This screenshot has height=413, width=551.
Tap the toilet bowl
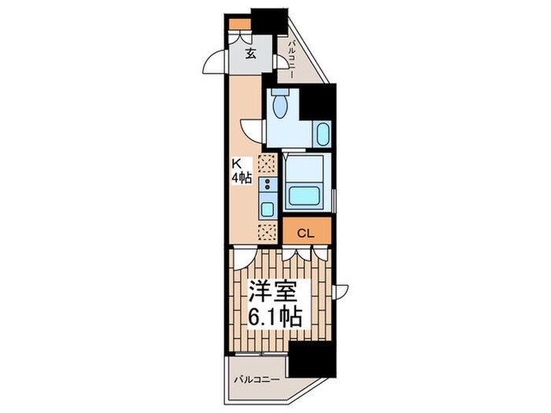click(x=280, y=106)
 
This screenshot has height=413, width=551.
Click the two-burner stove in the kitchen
click(x=268, y=184)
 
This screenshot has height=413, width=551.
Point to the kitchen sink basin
click(x=267, y=209)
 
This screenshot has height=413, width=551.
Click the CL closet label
click(x=305, y=233)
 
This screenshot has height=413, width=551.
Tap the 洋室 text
click(x=272, y=291)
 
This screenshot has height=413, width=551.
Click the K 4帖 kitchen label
click(x=241, y=171)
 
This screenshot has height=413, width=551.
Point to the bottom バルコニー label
click(x=257, y=380)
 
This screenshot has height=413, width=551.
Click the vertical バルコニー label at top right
click(x=292, y=60)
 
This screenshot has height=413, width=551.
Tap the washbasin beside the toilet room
click(x=321, y=134)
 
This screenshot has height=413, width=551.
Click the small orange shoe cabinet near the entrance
click(x=240, y=24)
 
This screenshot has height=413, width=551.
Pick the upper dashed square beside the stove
click(x=268, y=164)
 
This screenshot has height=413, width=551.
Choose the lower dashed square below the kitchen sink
click(x=268, y=233)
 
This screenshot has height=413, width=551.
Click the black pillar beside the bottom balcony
click(x=312, y=358)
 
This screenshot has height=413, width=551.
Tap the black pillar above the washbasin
click(x=317, y=101)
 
